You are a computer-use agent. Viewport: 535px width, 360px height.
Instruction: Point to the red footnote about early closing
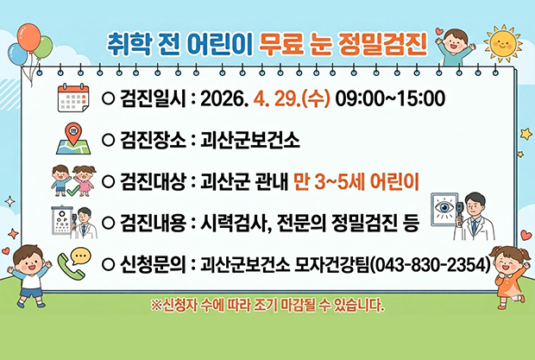[x=267, y=305]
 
